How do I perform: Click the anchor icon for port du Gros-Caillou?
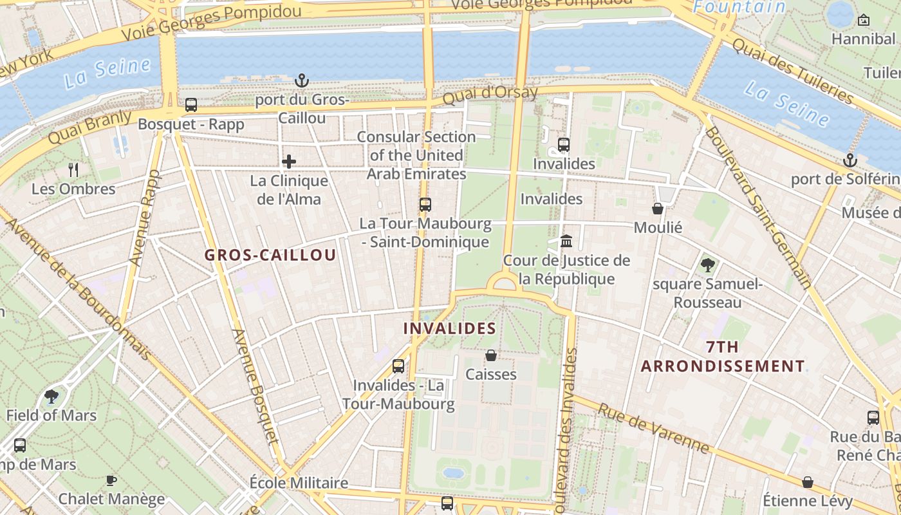302,80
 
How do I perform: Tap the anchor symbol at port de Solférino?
850,160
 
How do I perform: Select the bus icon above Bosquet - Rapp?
191,105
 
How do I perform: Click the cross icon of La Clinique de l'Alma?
289,162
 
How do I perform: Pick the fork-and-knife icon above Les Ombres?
73,170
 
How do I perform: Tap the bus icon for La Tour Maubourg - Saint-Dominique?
425,205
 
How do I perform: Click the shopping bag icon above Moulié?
658,209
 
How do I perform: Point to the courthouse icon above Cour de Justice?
566,241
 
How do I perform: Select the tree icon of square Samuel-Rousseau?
707,264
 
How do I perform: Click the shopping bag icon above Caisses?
491,355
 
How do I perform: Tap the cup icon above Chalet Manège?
111,480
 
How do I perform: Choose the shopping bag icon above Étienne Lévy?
808,482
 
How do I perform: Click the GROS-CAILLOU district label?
270,255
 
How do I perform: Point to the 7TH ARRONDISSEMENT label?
723,357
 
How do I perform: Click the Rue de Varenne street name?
654,428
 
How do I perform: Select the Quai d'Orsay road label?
490,95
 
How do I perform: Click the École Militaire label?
299,483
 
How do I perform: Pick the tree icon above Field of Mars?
51,397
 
